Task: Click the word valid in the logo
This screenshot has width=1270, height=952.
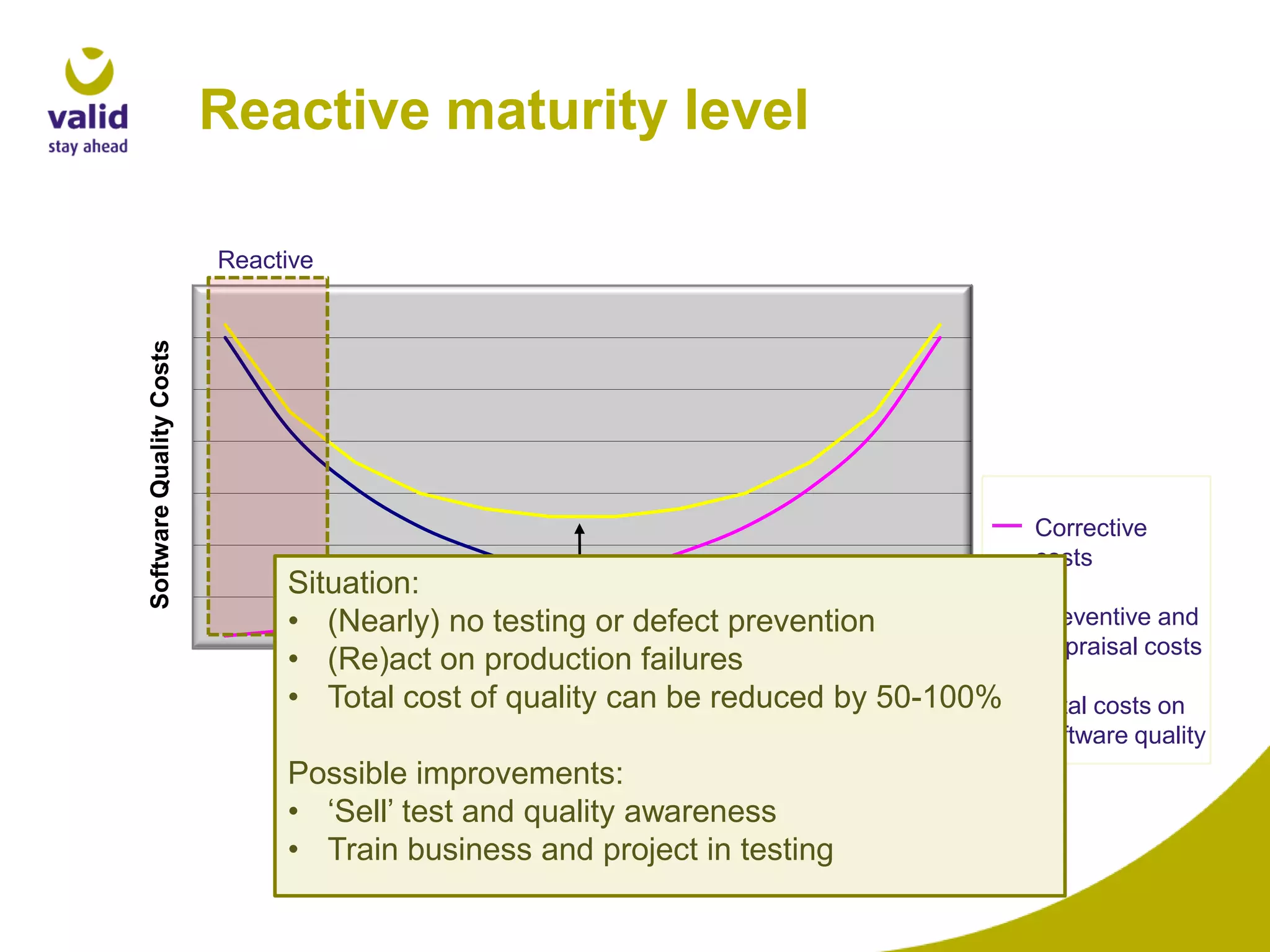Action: point(87,118)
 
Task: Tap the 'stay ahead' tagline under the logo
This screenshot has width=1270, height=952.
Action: point(87,147)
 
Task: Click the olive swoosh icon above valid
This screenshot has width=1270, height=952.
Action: point(89,71)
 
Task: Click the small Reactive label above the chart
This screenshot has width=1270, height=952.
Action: point(265,260)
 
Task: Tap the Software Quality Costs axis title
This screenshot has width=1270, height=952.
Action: point(160,474)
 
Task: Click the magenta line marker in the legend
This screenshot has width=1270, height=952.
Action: point(1006,526)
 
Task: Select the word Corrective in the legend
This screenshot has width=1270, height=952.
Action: point(1091,528)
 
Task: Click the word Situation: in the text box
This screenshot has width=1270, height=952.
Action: point(353,583)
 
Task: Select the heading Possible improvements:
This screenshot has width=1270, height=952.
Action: point(455,773)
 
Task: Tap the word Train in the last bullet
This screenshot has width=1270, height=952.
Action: point(362,850)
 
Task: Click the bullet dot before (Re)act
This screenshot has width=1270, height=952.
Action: point(294,659)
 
